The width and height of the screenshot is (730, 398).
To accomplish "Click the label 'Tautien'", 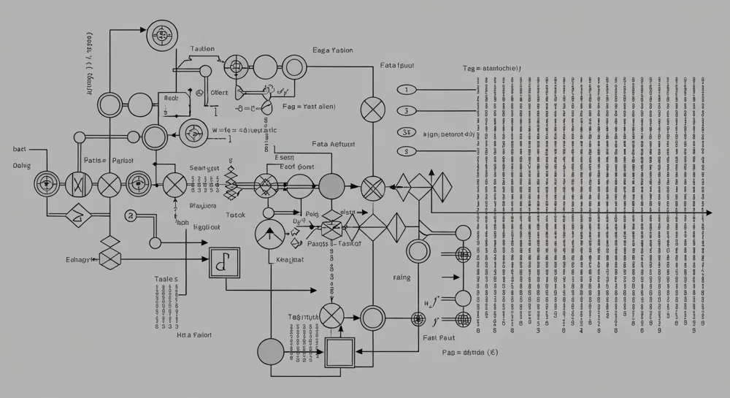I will pos(202,49).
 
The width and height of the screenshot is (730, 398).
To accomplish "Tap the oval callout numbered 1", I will pos(406,90).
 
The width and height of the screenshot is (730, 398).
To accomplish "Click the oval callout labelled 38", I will pos(406,132).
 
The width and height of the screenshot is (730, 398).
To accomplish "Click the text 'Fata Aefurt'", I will pos(333,145).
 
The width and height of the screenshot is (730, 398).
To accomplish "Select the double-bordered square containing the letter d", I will pos(223,263).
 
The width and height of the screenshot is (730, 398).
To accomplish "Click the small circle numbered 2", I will pos(131,215).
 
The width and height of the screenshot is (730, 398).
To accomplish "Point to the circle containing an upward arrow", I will pos(269,234).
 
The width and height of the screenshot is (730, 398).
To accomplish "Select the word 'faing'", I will pos(401,278).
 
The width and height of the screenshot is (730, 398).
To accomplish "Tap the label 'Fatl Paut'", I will pos(439,338).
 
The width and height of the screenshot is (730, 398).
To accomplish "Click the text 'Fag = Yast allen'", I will pos(308,107).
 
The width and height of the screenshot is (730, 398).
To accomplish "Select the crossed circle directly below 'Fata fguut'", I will pos(373,112).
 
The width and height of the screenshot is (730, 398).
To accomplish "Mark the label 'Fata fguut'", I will pos(397,65).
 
